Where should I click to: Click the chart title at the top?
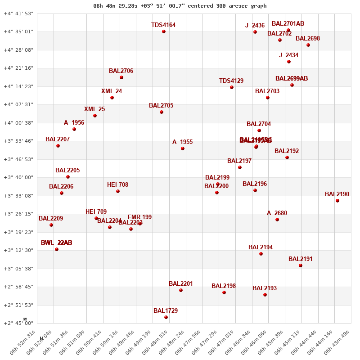[180, 6]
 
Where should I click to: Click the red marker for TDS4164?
[164, 31]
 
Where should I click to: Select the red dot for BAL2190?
[337, 201]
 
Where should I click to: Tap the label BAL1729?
[166, 311]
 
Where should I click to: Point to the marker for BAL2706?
[121, 77]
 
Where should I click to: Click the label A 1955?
[182, 142]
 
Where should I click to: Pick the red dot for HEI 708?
[118, 191]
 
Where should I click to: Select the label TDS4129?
[231, 81]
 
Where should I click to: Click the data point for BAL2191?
[301, 265]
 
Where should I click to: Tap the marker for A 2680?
[277, 220]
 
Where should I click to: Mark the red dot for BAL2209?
[51, 225]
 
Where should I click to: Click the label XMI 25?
[94, 109]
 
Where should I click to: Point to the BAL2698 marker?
[308, 45]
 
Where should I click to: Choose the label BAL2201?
[181, 284]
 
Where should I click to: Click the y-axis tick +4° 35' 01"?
[18, 32]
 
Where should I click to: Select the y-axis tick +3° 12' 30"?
[18, 251]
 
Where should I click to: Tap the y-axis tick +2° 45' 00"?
[18, 324]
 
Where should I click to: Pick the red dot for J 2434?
[289, 62]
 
